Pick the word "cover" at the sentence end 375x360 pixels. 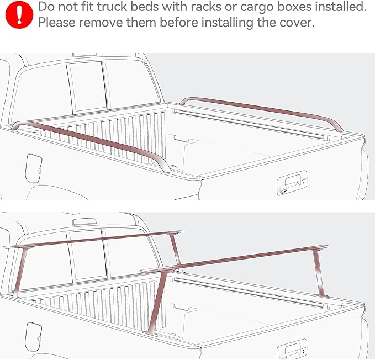pyautogui.click(x=298, y=24)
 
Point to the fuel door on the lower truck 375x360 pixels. pyautogui.click(x=33, y=333)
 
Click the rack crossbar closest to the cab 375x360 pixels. pyautogui.click(x=94, y=239)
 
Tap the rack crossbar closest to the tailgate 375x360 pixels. pyautogui.click(x=237, y=260)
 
